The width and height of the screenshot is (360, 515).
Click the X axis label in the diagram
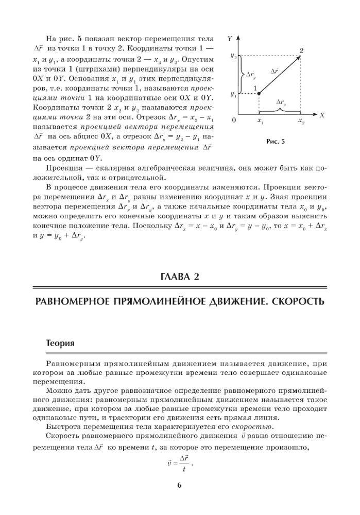click(322, 115)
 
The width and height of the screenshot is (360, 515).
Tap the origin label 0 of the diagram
click(234, 121)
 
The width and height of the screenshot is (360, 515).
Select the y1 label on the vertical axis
click(233, 95)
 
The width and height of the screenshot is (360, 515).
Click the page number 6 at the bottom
click(179, 485)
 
